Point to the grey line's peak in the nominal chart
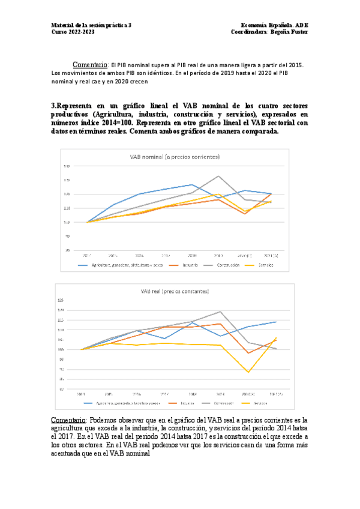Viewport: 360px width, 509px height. point(218,176)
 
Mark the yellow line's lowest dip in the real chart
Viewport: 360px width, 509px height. point(248,373)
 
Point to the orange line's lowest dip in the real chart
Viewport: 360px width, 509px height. point(248,353)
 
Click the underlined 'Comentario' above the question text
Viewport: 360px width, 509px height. point(89,64)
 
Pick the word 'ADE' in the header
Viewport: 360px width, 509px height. point(301,25)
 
